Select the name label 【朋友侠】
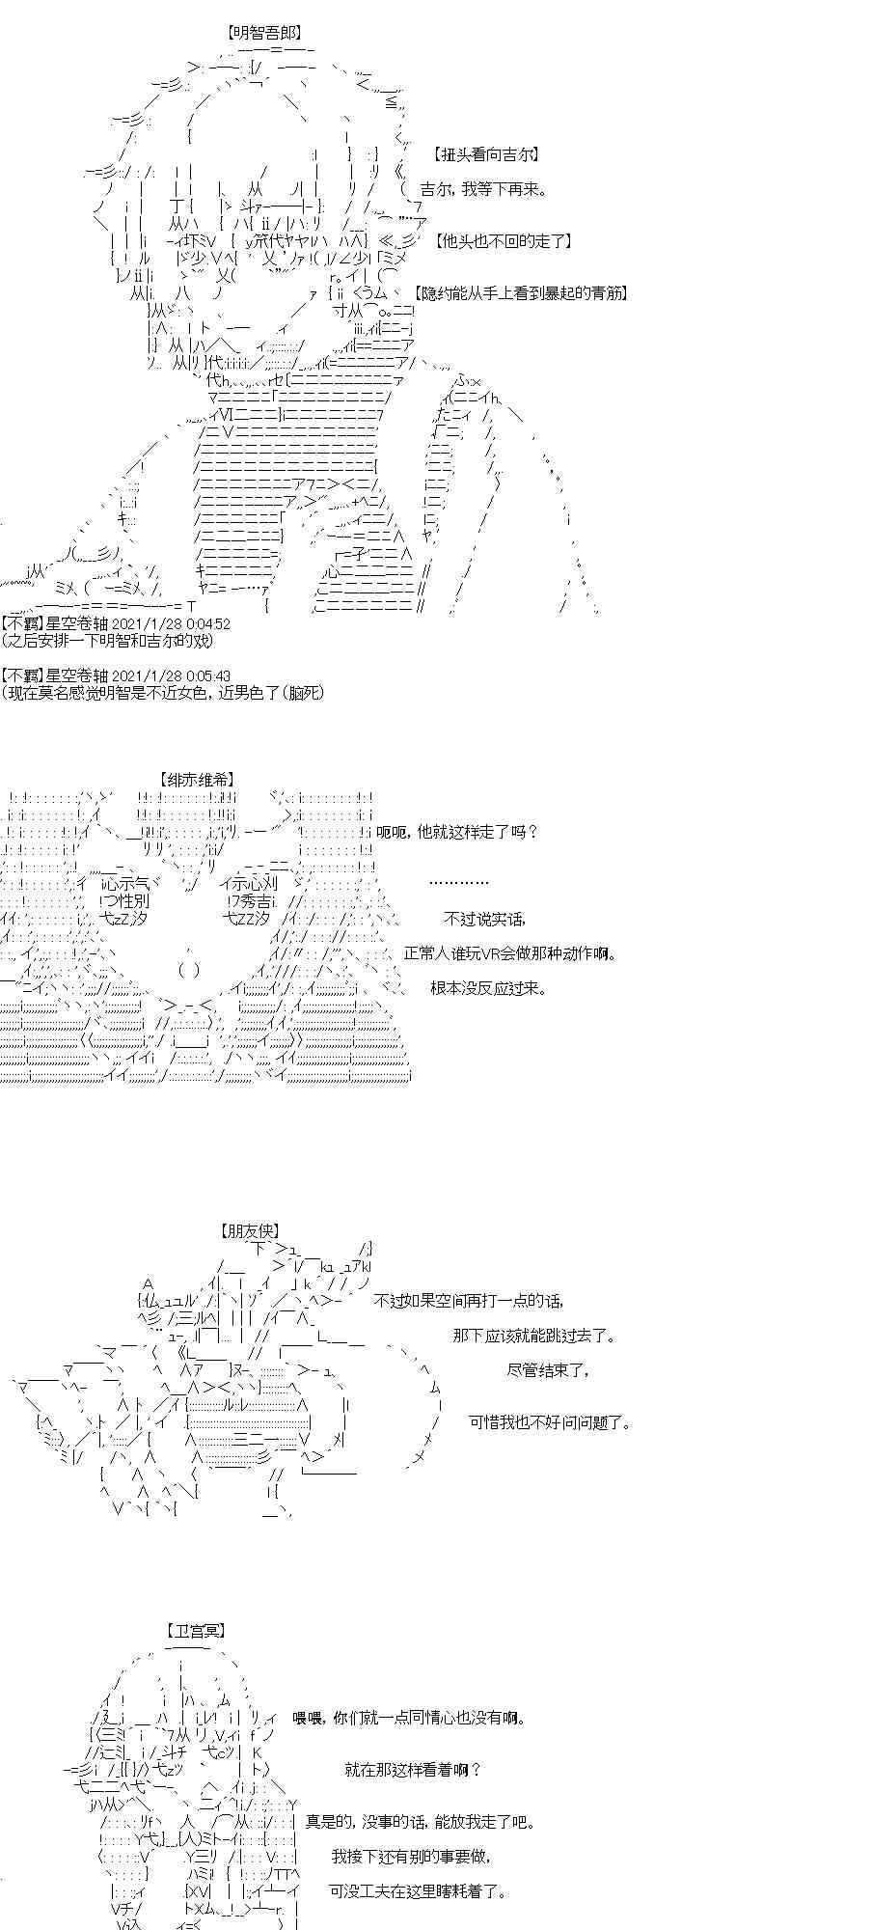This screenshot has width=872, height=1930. point(250,1231)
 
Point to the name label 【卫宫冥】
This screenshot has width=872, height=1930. point(196,1631)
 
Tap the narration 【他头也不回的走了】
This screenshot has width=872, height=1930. point(504,241)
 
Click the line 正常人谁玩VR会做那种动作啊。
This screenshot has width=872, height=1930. point(510,953)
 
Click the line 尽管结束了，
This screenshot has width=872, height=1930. point(547,1370)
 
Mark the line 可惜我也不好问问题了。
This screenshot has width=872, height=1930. point(550,1422)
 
